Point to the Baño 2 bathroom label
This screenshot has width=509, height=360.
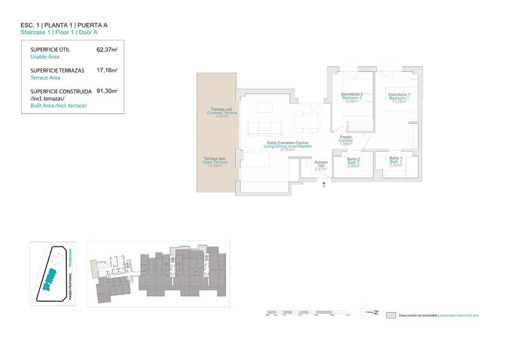click(354, 161)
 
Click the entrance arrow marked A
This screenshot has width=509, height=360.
click(324, 184)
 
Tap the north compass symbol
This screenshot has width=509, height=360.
click(371, 312)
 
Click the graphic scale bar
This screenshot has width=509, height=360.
click(306, 313)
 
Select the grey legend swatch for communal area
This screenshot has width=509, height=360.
click(391, 315)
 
